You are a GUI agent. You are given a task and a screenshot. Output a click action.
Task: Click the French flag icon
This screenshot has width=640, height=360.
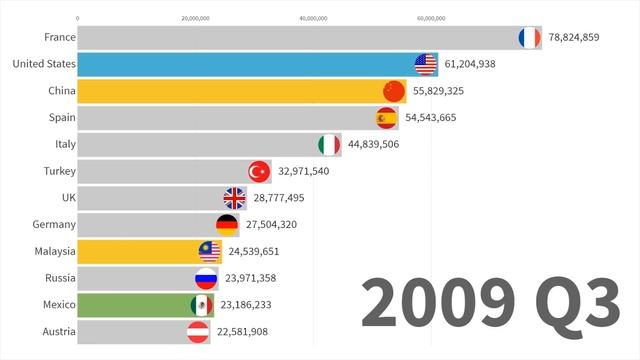click(529, 38)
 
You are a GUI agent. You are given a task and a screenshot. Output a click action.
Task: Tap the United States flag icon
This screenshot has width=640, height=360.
click(426, 65)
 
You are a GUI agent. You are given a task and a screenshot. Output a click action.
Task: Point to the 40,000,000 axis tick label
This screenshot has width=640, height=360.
click(313, 18)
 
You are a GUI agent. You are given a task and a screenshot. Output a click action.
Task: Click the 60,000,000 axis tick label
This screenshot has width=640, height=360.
click(431, 18)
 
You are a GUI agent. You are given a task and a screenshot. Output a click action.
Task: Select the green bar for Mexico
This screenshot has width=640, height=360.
click(130, 304)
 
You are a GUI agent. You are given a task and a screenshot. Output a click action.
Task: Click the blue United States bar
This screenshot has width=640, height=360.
click(240, 65)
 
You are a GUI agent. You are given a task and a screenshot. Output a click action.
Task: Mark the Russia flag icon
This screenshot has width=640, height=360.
click(206, 278)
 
